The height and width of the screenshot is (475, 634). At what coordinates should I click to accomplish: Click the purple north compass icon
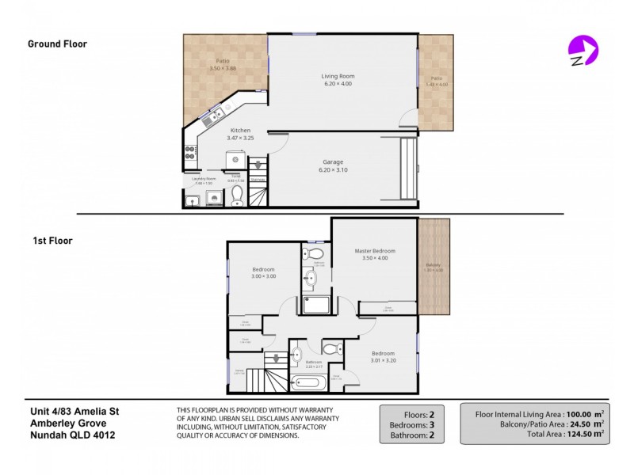pyautogui.click(x=582, y=51)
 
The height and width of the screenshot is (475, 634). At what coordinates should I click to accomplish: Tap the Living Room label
pyautogui.click(x=338, y=76)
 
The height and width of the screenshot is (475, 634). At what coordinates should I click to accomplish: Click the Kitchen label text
pyautogui.click(x=240, y=131)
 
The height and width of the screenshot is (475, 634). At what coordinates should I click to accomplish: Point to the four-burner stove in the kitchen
pyautogui.click(x=190, y=151)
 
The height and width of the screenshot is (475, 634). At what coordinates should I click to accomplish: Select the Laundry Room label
pyautogui.click(x=204, y=178)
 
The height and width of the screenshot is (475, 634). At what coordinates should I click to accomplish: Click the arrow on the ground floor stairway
pyautogui.click(x=258, y=167)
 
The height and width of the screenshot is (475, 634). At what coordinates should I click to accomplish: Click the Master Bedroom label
pyautogui.click(x=374, y=251)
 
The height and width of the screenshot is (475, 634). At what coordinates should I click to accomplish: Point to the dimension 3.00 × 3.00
pyautogui.click(x=263, y=276)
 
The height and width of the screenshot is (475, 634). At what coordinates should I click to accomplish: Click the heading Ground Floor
pyautogui.click(x=57, y=44)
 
